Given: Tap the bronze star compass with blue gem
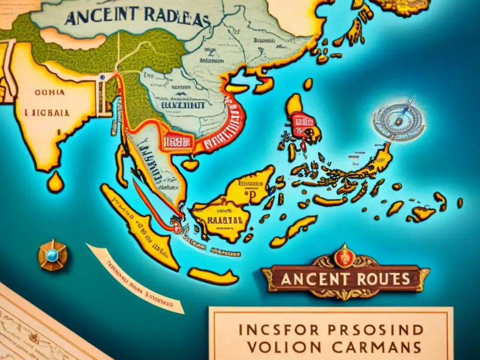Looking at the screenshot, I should tap(52, 255).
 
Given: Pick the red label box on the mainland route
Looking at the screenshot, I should tap(177, 142).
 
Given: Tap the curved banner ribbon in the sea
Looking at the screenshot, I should tap(136, 279).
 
